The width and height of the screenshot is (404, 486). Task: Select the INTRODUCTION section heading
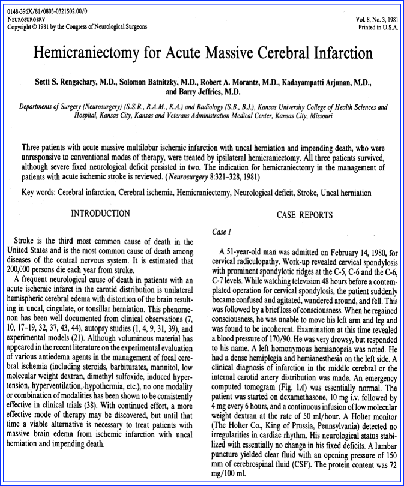click(x=100, y=213)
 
